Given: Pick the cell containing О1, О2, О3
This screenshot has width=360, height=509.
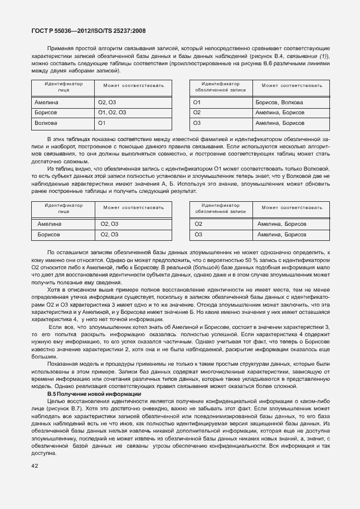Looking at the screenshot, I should (112, 113).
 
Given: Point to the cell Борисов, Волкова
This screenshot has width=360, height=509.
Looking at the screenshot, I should (279, 103).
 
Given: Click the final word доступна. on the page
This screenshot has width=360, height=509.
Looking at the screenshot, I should (42, 452).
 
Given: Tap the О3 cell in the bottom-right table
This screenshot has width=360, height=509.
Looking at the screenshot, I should (198, 235).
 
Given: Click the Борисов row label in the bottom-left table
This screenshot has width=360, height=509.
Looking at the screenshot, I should (48, 235).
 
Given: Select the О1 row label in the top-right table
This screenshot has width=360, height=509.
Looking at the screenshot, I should (197, 103).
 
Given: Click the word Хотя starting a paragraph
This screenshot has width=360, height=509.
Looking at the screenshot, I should (54, 289).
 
